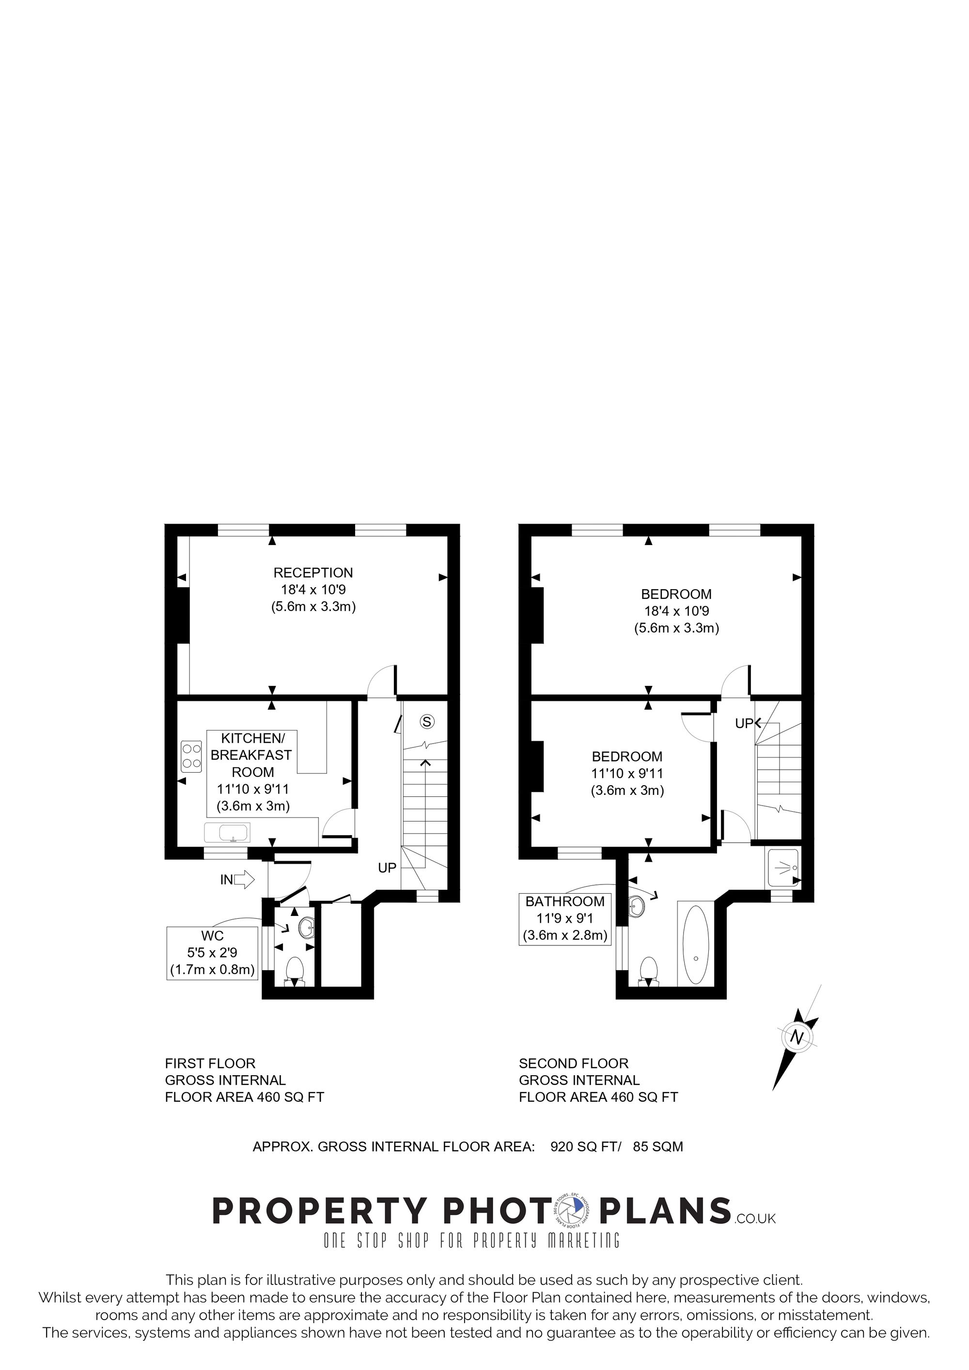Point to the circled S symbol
coord(426,721)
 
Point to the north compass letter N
coord(797,1037)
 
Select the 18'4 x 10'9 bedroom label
coord(676,611)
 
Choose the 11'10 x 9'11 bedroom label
coord(627,773)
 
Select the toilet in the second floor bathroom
coord(648,971)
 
